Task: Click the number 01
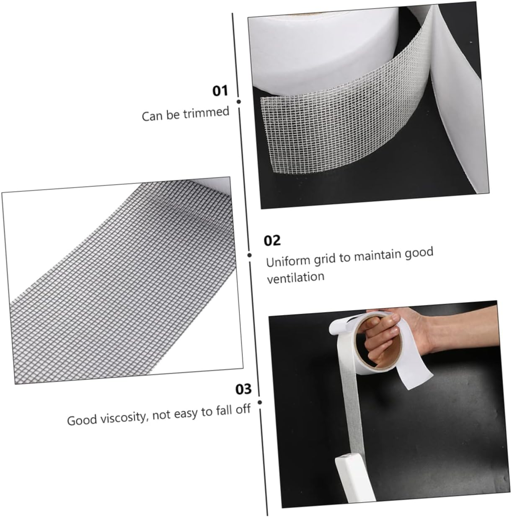pos(220,91)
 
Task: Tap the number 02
pos(272,240)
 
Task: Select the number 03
pos(243,389)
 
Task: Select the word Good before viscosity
pos(82,420)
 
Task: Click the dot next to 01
pos(238,101)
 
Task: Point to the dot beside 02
pos(249,255)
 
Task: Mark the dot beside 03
pos(260,402)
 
